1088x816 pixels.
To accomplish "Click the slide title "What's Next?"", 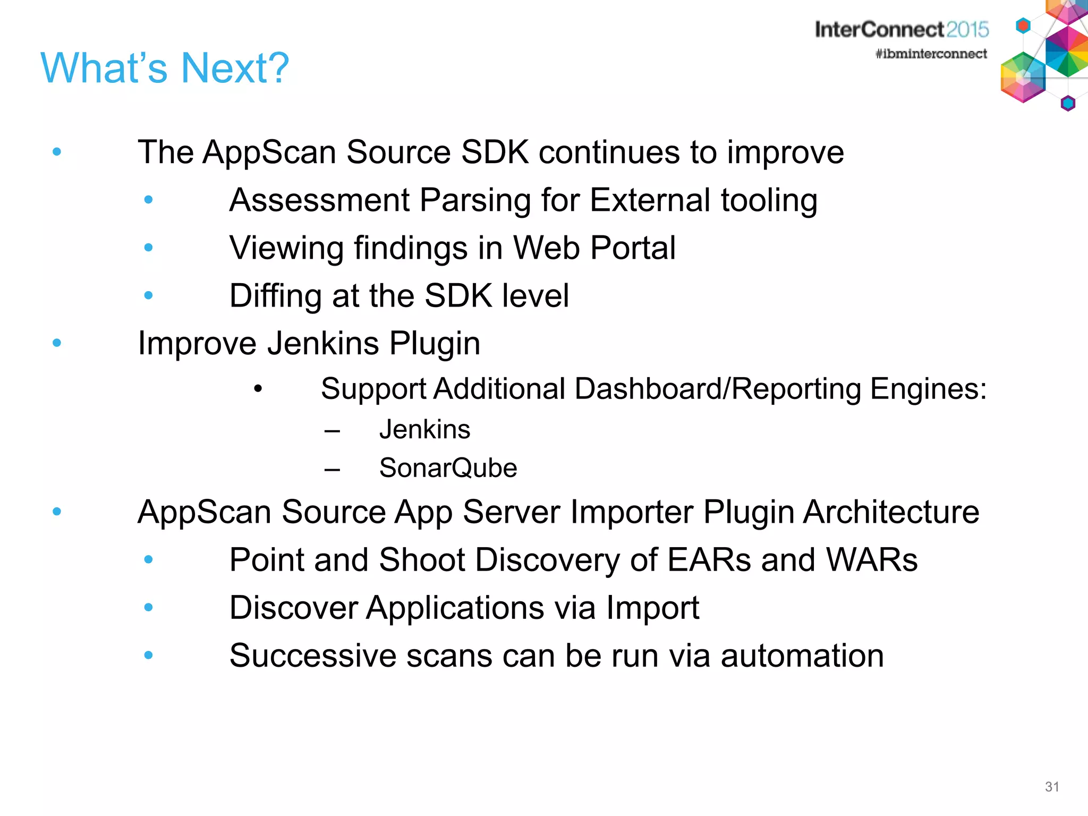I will [x=165, y=68].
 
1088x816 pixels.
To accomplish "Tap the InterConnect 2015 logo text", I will [x=902, y=30].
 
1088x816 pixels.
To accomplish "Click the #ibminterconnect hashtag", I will [x=931, y=54].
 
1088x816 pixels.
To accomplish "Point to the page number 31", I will [x=1052, y=787].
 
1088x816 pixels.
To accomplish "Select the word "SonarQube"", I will [x=448, y=468].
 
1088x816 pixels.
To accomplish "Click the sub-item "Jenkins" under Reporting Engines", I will [x=424, y=429].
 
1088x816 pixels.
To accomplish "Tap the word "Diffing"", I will [x=275, y=296].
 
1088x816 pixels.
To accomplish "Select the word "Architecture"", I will [x=891, y=512].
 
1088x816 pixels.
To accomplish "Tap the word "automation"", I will [x=802, y=656].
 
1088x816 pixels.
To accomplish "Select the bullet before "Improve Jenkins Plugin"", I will [x=57, y=343].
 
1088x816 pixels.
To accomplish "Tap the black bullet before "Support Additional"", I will [x=258, y=389].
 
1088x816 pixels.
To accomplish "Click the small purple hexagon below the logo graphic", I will [x=1068, y=103].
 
